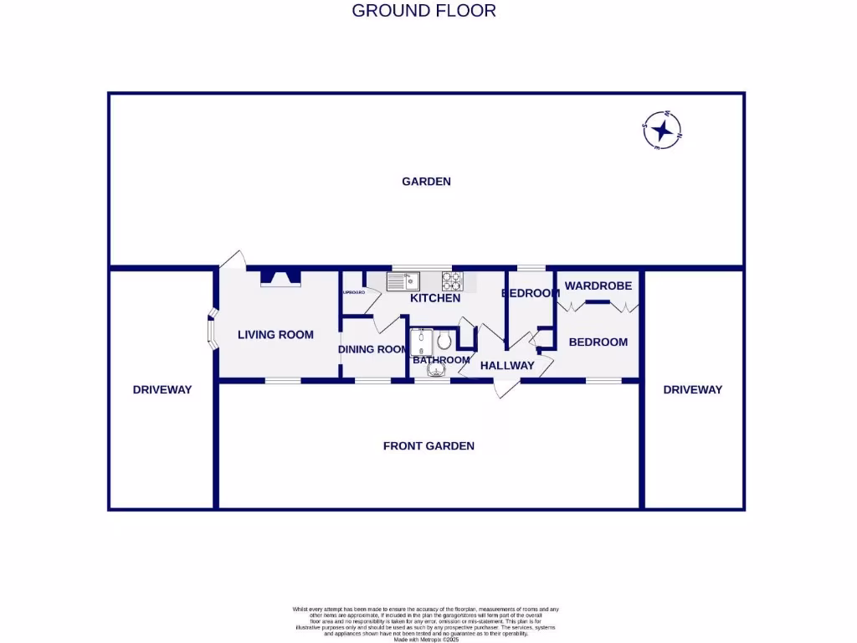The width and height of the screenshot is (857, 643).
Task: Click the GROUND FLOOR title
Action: pos(423,11)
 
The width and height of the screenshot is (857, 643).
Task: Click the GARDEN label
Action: pos(426,181)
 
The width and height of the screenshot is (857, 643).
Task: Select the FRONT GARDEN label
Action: pos(428,445)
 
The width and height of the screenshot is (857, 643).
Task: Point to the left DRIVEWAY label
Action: pos(162,389)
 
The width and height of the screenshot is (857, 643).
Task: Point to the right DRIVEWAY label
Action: pos(692,389)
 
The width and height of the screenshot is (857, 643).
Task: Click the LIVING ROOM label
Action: pos(275,335)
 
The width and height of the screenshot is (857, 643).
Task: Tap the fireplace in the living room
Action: pos(280,278)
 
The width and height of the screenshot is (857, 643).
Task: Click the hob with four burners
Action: pos(452,280)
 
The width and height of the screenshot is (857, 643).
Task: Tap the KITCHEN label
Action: pos(435,298)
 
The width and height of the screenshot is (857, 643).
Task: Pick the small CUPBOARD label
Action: pos(352,292)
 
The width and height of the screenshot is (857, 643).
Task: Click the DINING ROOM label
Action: pos(372,349)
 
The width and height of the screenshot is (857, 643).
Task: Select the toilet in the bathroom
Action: pos(444,340)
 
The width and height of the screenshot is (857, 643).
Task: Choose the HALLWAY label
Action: pos(507,365)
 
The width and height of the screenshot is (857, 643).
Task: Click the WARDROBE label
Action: pos(598,285)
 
